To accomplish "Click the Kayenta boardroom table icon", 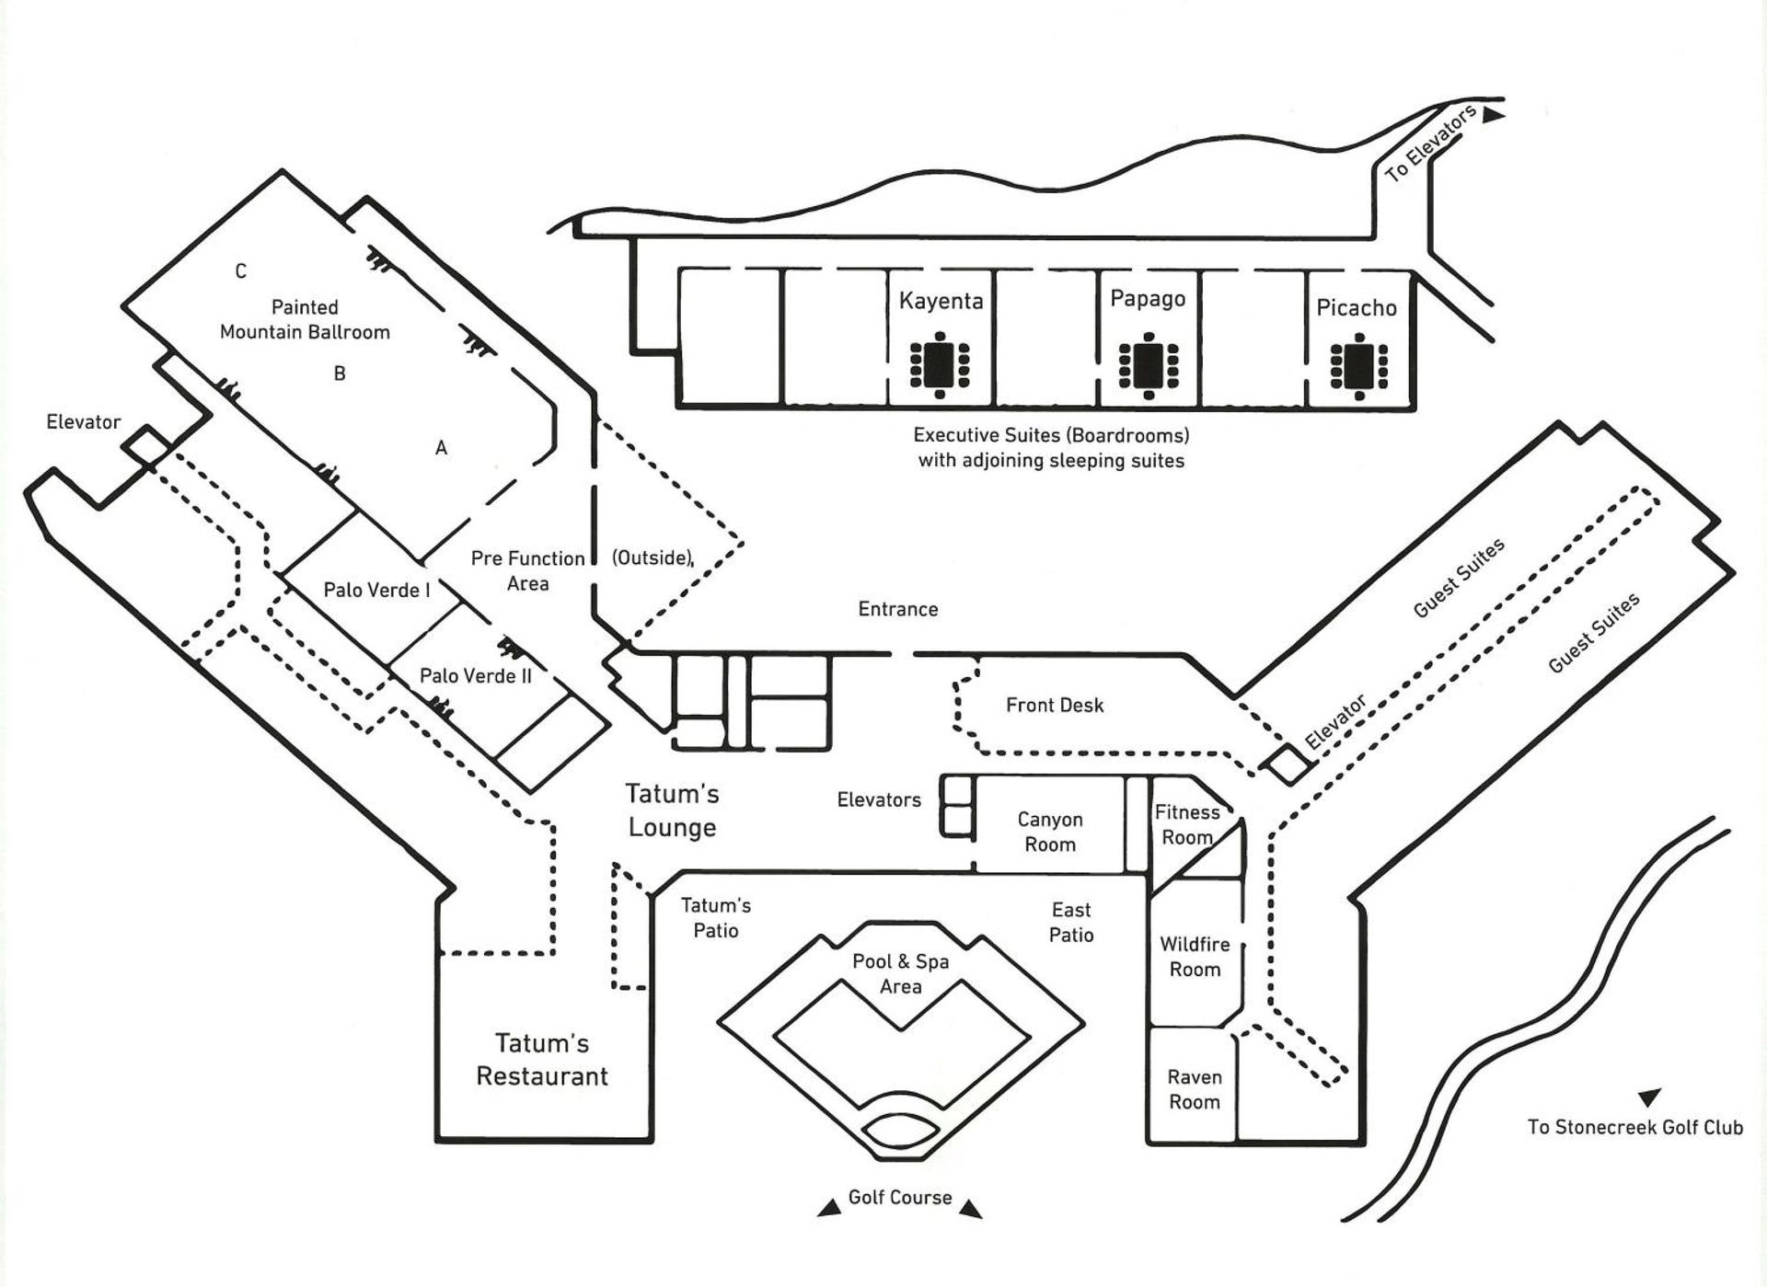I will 939,364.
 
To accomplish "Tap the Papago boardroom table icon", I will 1149,365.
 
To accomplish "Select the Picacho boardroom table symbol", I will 1359,366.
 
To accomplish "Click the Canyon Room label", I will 1049,832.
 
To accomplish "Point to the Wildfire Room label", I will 1195,957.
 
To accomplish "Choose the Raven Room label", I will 1195,1089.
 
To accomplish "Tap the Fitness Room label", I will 1187,824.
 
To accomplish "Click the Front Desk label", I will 1055,706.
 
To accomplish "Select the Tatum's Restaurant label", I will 542,1060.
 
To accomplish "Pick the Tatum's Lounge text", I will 672,810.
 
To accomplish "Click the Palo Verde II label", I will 476,676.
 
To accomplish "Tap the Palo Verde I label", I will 376,591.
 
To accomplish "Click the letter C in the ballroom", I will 241,271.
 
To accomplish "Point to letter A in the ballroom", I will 442,448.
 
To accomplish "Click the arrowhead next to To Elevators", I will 1493,116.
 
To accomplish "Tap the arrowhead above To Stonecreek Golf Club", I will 1648,1097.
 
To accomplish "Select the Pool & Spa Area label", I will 900,973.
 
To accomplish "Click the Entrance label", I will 898,609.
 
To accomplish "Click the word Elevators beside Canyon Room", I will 879,800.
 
